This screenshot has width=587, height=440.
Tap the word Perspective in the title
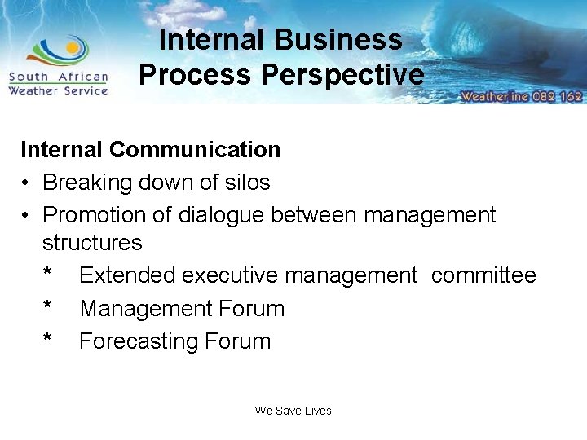tap(342, 75)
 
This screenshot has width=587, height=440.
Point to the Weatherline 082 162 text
tap(521, 96)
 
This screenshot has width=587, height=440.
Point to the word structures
tap(92, 243)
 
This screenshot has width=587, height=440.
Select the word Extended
tap(127, 275)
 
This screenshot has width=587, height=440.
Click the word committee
tap(483, 275)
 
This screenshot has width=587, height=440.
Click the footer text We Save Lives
tap(293, 411)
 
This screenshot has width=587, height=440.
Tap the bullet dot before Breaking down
tap(27, 183)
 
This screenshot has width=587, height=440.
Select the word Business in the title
tap(338, 40)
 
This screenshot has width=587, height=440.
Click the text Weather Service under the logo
tap(58, 90)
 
